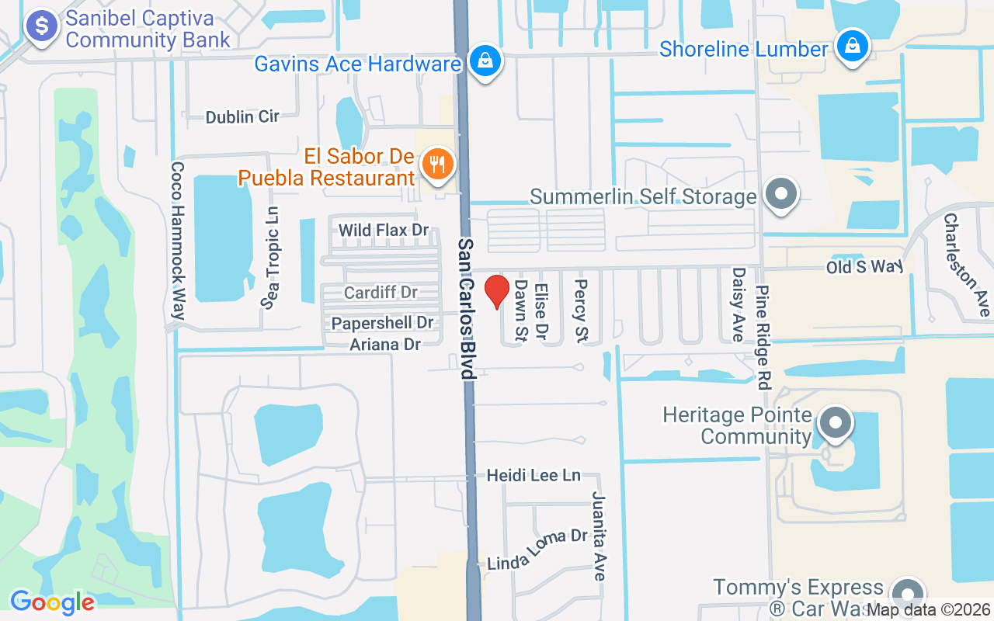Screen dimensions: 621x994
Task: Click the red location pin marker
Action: (x=497, y=291)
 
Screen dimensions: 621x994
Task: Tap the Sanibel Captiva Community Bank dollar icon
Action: (x=42, y=26)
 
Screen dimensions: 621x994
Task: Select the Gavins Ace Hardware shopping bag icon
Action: (x=485, y=61)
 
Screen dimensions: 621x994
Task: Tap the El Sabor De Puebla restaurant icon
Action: (x=438, y=165)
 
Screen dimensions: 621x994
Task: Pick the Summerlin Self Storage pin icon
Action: (x=781, y=193)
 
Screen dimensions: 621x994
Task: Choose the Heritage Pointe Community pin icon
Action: (x=836, y=423)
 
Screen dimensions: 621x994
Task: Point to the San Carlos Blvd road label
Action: (x=467, y=308)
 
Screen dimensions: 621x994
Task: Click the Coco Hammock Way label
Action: (x=179, y=241)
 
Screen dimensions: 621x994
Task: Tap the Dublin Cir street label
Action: (x=242, y=117)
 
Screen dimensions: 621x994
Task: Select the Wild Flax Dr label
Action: (x=384, y=230)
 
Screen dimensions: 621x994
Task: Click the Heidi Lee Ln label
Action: (x=533, y=474)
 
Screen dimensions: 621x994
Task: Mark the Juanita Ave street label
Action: (x=599, y=536)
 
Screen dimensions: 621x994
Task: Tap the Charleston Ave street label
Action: (x=966, y=264)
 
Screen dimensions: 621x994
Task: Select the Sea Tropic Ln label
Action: (x=271, y=258)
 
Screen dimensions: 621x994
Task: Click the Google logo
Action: (x=52, y=602)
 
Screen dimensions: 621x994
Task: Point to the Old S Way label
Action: (x=864, y=266)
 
